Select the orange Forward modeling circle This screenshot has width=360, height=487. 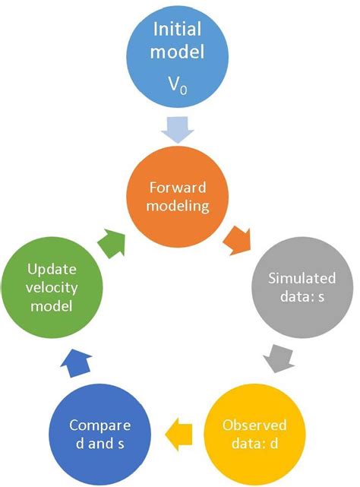180,197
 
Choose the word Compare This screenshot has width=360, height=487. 100,424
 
